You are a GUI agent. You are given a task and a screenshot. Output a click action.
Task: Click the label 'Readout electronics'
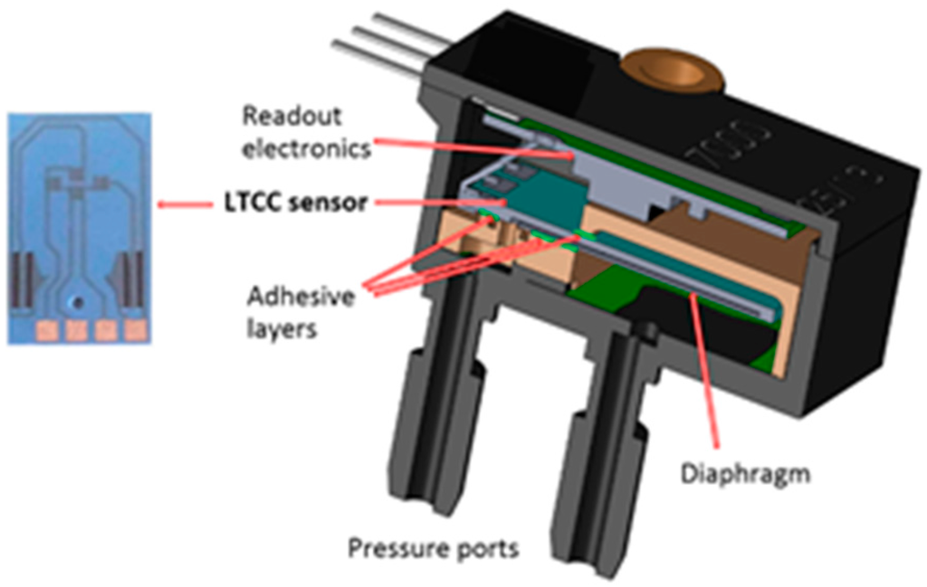306,131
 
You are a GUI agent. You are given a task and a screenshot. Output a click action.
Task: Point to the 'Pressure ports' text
434,548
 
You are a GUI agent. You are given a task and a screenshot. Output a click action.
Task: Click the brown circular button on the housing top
672,71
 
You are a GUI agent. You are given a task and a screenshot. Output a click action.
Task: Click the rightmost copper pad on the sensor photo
136,330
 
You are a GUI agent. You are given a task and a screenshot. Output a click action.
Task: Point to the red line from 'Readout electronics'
471,147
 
